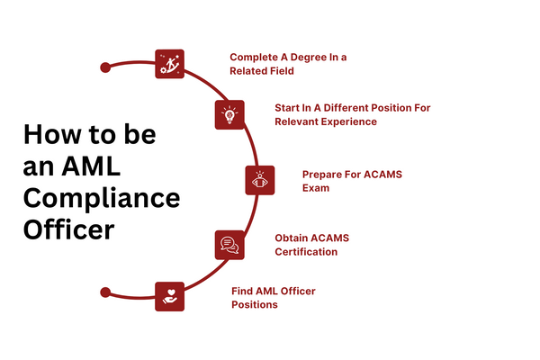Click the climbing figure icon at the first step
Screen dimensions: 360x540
pos(169,64)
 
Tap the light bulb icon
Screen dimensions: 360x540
pos(229,114)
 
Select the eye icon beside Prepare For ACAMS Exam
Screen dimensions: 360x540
pos(260,180)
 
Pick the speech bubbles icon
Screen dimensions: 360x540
pos(229,244)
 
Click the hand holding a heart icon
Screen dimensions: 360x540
pos(169,295)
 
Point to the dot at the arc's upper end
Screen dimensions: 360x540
pos(105,67)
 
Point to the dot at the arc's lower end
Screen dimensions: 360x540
pos(105,292)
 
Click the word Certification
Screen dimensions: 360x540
pos(306,252)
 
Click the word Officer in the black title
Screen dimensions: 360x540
pos(68,229)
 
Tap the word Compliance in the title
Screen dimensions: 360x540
pos(101,198)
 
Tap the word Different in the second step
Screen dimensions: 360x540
pos(346,107)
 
